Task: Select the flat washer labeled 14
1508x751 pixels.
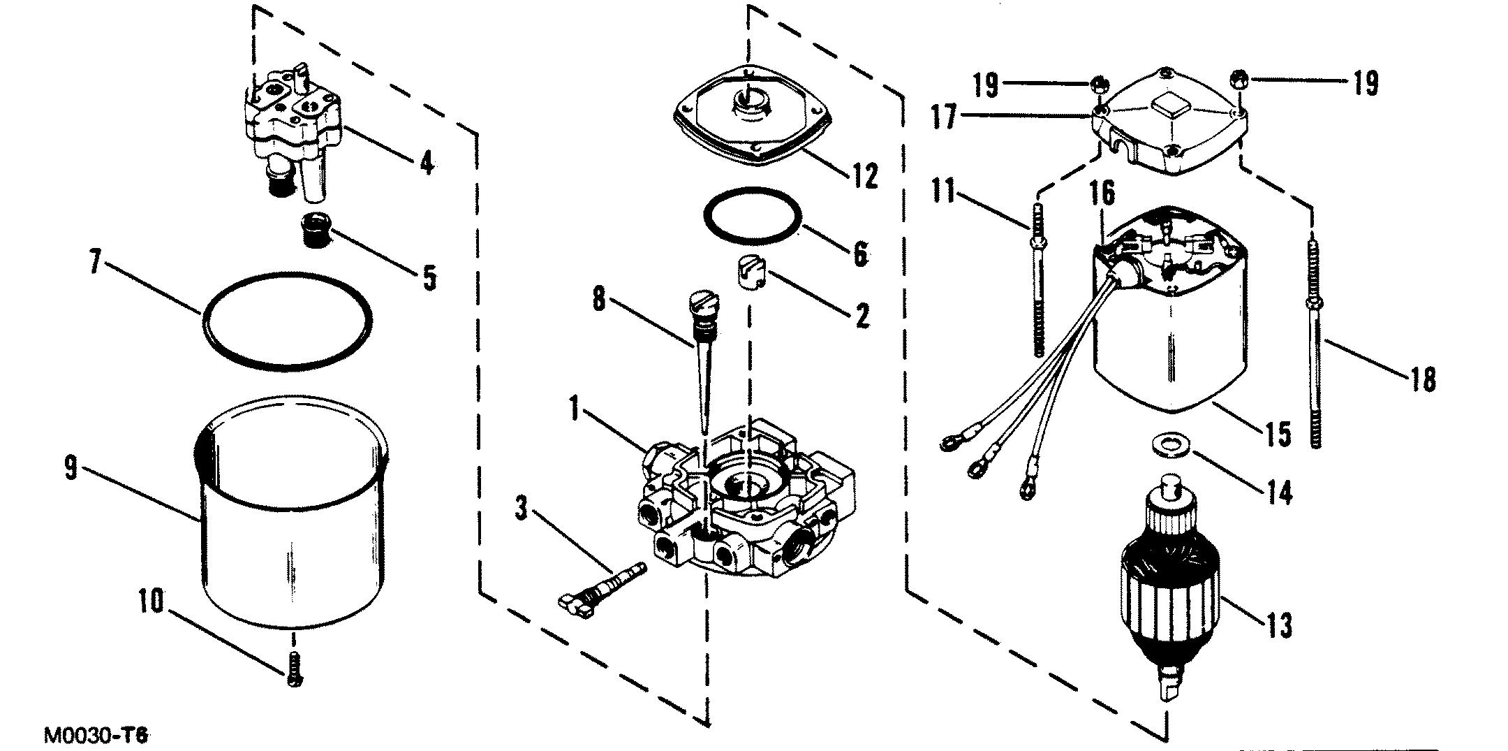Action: [1164, 444]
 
